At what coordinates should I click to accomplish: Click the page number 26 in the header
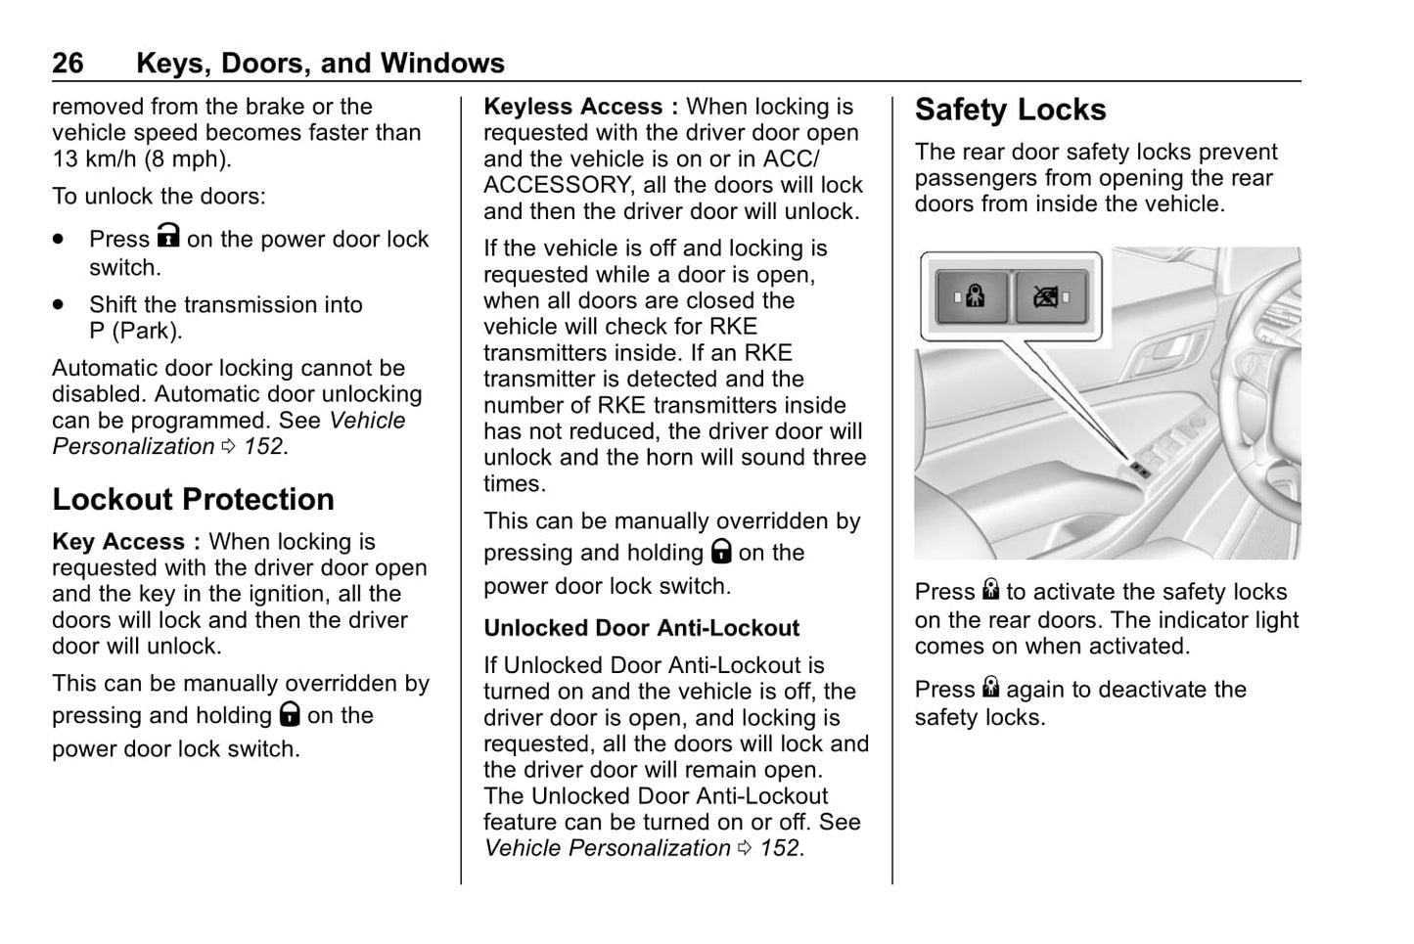pyautogui.click(x=68, y=64)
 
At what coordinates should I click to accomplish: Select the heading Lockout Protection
pyautogui.click(x=193, y=500)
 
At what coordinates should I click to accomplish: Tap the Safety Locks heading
pyautogui.click(x=1010, y=111)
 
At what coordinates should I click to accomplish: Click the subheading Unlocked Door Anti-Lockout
pyautogui.click(x=641, y=628)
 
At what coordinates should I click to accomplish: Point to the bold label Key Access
pyautogui.click(x=118, y=542)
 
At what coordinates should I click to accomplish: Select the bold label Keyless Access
pyautogui.click(x=573, y=107)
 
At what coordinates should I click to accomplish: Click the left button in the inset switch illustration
pyautogui.click(x=973, y=296)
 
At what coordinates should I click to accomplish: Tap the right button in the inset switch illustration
pyautogui.click(x=1050, y=296)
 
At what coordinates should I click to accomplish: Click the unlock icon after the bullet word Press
pyautogui.click(x=168, y=237)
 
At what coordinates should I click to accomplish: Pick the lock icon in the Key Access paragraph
pyautogui.click(x=289, y=714)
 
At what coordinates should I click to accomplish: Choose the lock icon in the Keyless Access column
pyautogui.click(x=721, y=552)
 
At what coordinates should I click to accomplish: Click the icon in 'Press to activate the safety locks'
pyautogui.click(x=990, y=590)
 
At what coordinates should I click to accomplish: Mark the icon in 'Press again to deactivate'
pyautogui.click(x=990, y=688)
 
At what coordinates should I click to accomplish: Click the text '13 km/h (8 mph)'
pyautogui.click(x=141, y=159)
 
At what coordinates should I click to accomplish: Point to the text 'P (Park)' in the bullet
pyautogui.click(x=135, y=331)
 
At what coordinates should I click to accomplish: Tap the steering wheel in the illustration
pyautogui.click(x=1262, y=391)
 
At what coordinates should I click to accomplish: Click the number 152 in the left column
pyautogui.click(x=263, y=447)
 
